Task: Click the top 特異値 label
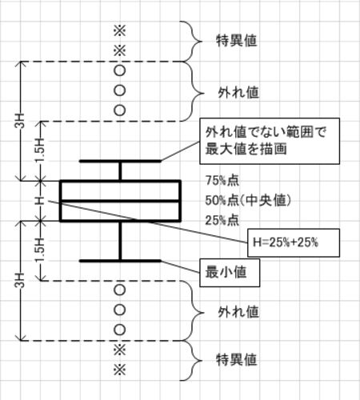click(237, 41)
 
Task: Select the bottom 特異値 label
click(237, 359)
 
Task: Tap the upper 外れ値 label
click(238, 93)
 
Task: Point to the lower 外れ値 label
click(238, 312)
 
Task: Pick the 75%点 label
click(222, 181)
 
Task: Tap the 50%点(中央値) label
click(248, 201)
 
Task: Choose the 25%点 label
click(222, 221)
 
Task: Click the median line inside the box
click(121, 201)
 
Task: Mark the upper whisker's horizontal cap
click(120, 161)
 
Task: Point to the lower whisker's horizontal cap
click(120, 261)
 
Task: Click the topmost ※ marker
click(120, 31)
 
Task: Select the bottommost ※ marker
click(120, 370)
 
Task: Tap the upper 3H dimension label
click(20, 121)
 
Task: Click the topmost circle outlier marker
click(120, 70)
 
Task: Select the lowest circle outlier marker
click(120, 330)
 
